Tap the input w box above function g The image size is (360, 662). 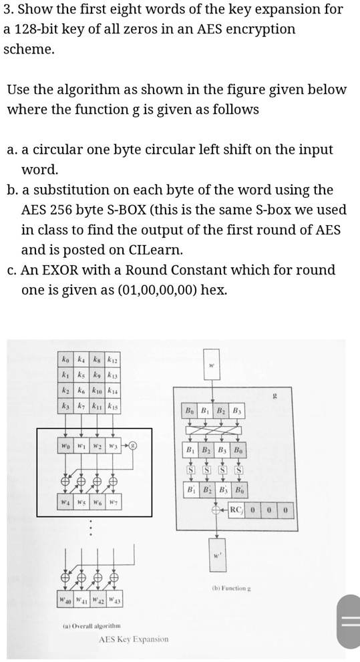(x=211, y=365)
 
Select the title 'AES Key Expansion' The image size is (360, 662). (x=134, y=639)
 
